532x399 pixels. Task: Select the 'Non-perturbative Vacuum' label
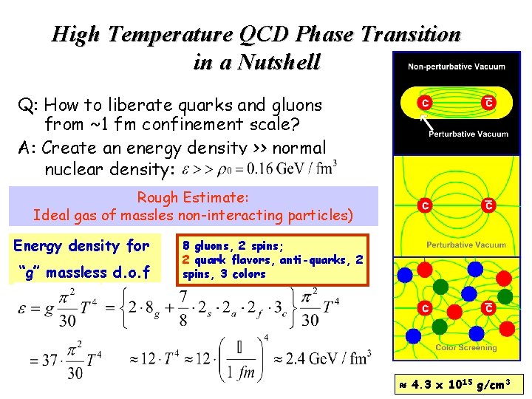click(457, 66)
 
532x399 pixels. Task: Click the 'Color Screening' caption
click(466, 347)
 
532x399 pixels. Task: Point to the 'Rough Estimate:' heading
click(193, 198)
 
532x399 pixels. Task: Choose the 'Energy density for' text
click(81, 245)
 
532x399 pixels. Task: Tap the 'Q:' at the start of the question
click(28, 106)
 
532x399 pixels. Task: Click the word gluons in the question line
click(296, 106)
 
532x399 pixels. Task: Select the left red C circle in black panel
click(426, 102)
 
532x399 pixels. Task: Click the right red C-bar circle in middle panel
click(488, 205)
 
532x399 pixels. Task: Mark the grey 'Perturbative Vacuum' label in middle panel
click(466, 245)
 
